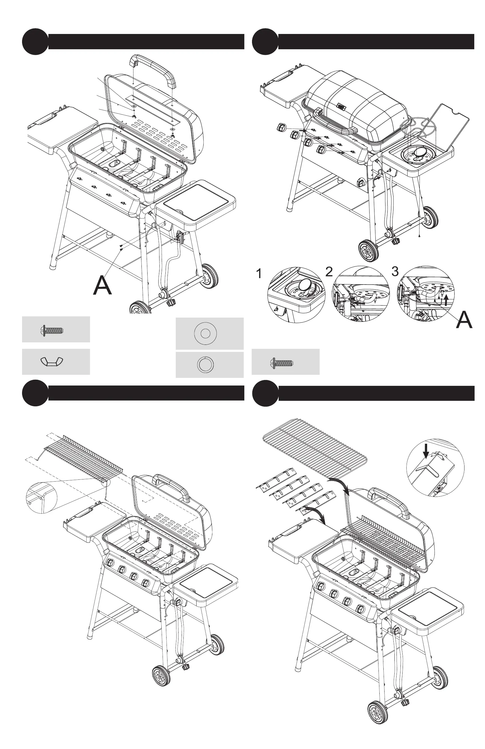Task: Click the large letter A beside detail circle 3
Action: click(464, 320)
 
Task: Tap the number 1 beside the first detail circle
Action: click(259, 274)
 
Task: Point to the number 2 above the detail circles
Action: click(329, 272)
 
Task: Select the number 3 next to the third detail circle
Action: click(395, 271)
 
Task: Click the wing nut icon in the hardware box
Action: click(52, 362)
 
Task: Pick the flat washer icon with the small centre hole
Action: click(205, 333)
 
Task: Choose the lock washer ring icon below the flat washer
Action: click(205, 364)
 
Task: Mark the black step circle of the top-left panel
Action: click(35, 42)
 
